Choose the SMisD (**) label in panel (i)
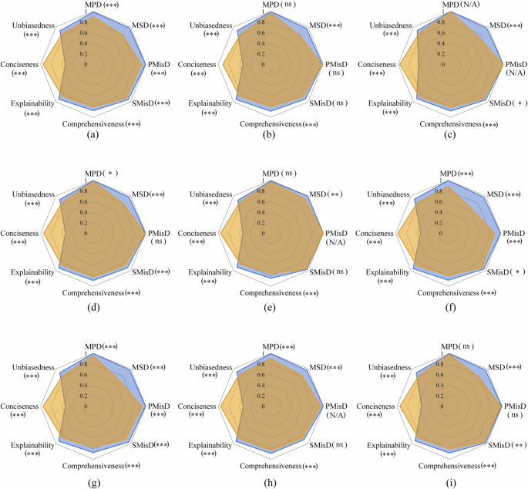(510, 444)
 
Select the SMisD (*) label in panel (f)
(508, 272)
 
